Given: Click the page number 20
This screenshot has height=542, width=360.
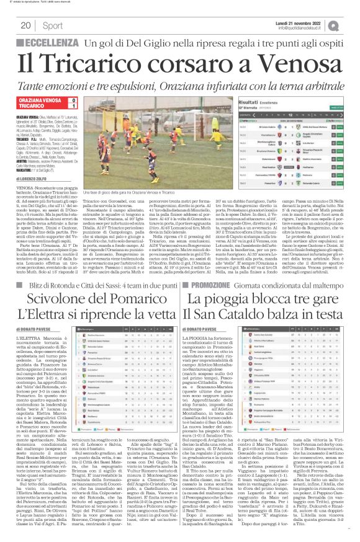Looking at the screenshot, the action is pyautogui.click(x=26, y=25).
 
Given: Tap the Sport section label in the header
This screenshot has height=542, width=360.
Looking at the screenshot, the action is pyautogui.click(x=53, y=25).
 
